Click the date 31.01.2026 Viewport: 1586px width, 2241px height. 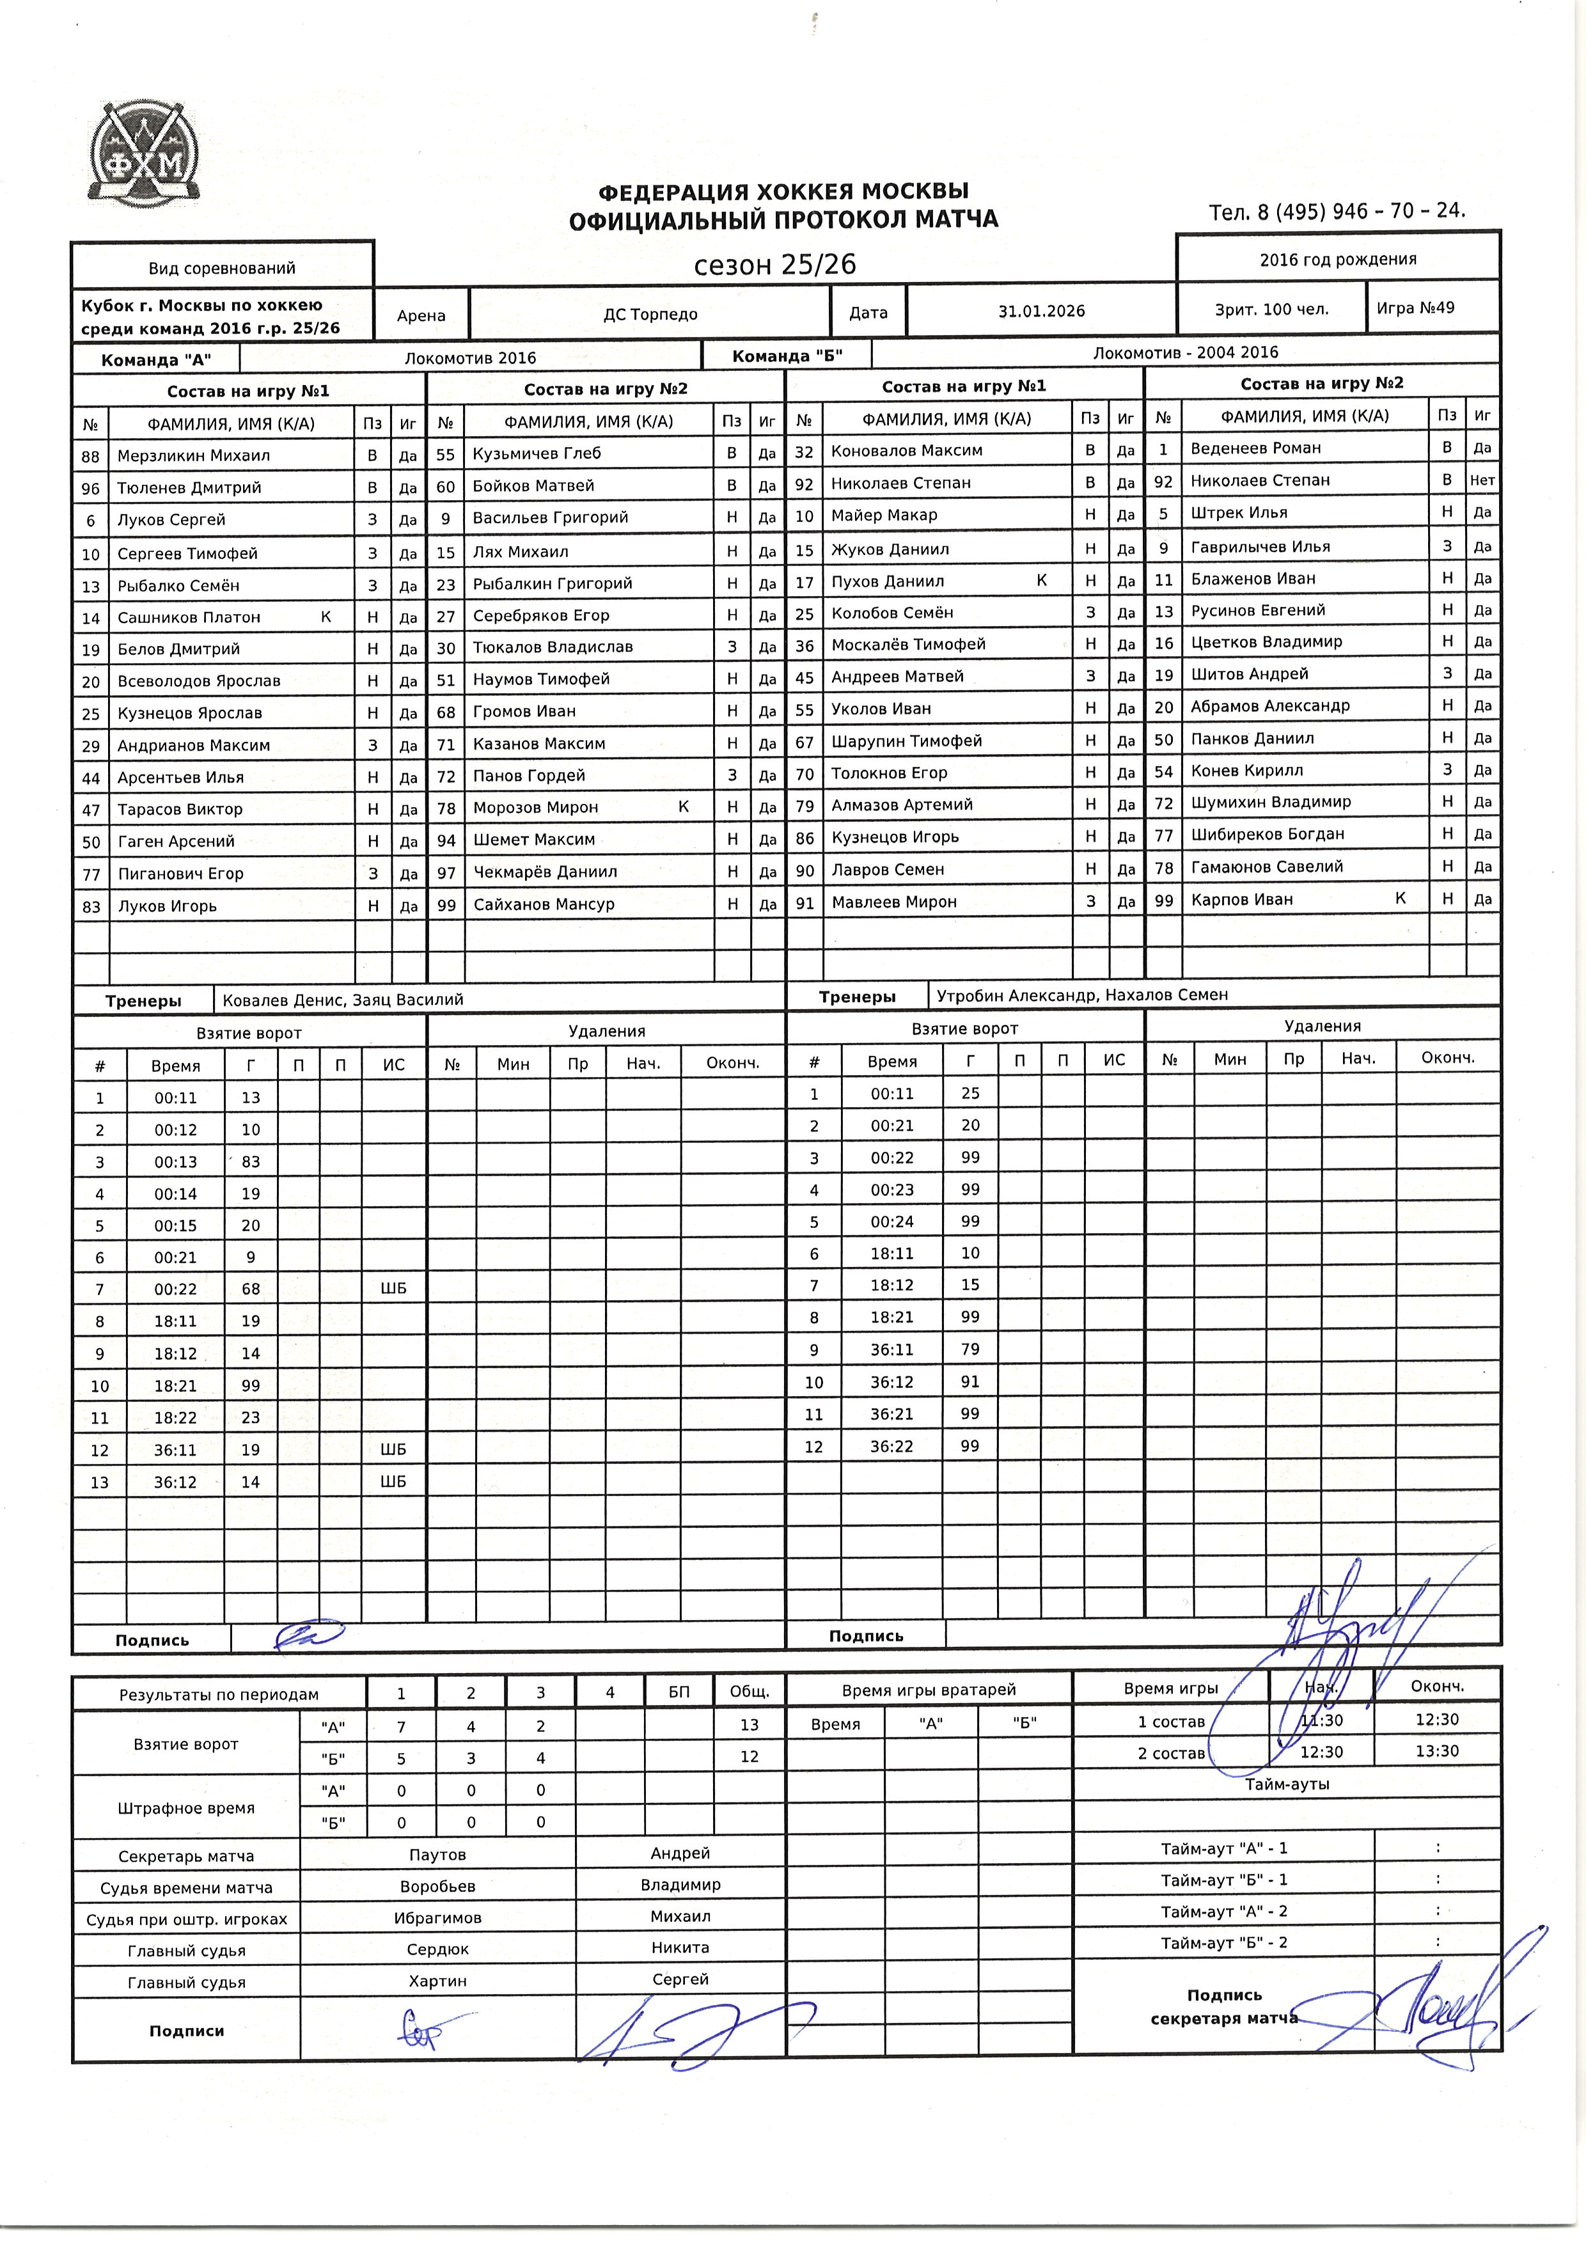(x=1041, y=311)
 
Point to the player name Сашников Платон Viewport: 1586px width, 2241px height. (x=189, y=617)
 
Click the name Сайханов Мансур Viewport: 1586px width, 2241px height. (x=544, y=904)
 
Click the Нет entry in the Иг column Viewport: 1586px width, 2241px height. (x=1482, y=480)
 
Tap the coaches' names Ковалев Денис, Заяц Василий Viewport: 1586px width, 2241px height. (x=343, y=1000)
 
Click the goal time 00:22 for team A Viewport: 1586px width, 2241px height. (x=176, y=1289)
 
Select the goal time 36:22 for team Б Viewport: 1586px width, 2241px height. (x=891, y=1446)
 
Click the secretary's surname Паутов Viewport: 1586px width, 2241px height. (x=437, y=1854)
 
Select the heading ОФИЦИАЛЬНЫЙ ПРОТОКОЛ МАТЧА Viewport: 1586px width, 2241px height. (x=783, y=220)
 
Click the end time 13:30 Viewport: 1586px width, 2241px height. (x=1436, y=1751)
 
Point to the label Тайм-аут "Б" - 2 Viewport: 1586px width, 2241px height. (x=1223, y=1942)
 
